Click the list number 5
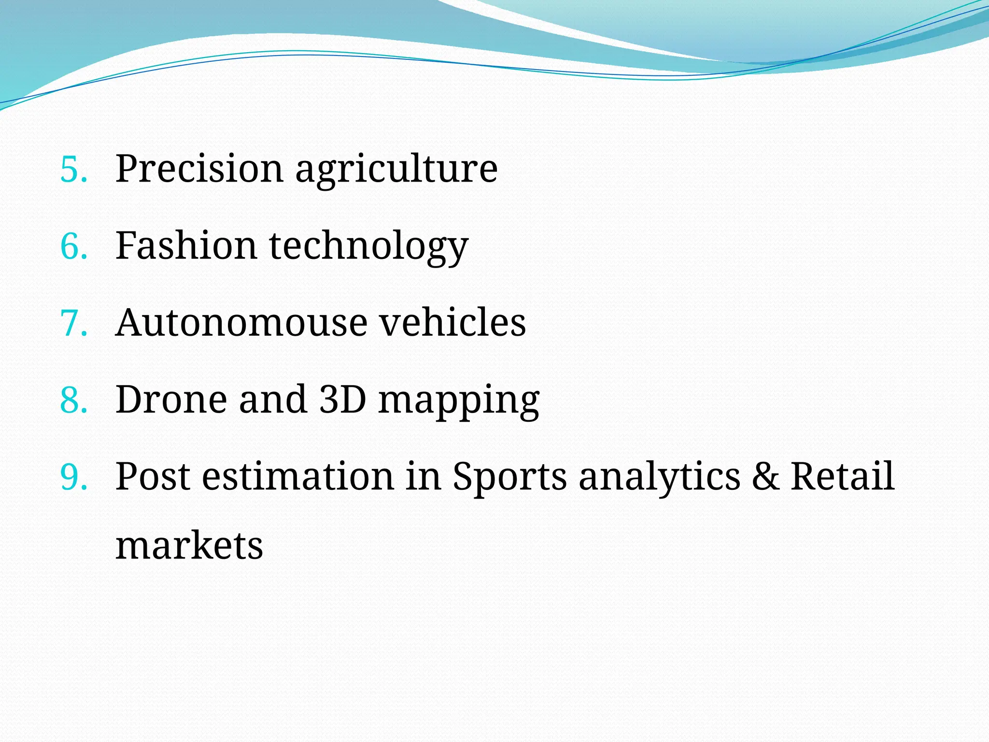tap(73, 170)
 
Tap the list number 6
tap(73, 246)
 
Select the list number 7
tap(73, 323)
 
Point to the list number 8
tap(73, 400)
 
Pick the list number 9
tap(73, 477)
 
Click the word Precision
tap(199, 169)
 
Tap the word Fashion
tap(186, 245)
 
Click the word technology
tap(368, 247)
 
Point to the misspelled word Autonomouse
tap(241, 323)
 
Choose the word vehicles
tap(452, 322)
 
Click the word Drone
tap(171, 400)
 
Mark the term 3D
tap(342, 400)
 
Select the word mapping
tap(459, 401)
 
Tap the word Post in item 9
tap(153, 476)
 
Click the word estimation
tap(297, 476)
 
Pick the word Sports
tap(509, 477)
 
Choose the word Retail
tap(842, 476)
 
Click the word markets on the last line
tap(189, 546)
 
